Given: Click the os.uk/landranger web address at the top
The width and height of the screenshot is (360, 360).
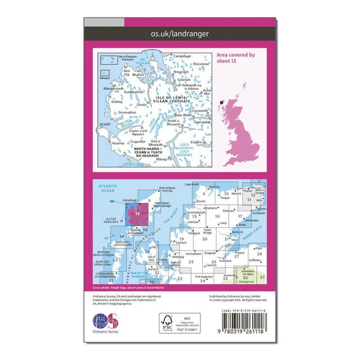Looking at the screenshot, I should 180,32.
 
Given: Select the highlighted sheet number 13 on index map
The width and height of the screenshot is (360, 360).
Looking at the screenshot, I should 137,213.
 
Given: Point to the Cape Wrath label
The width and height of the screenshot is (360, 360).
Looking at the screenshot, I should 192,185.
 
